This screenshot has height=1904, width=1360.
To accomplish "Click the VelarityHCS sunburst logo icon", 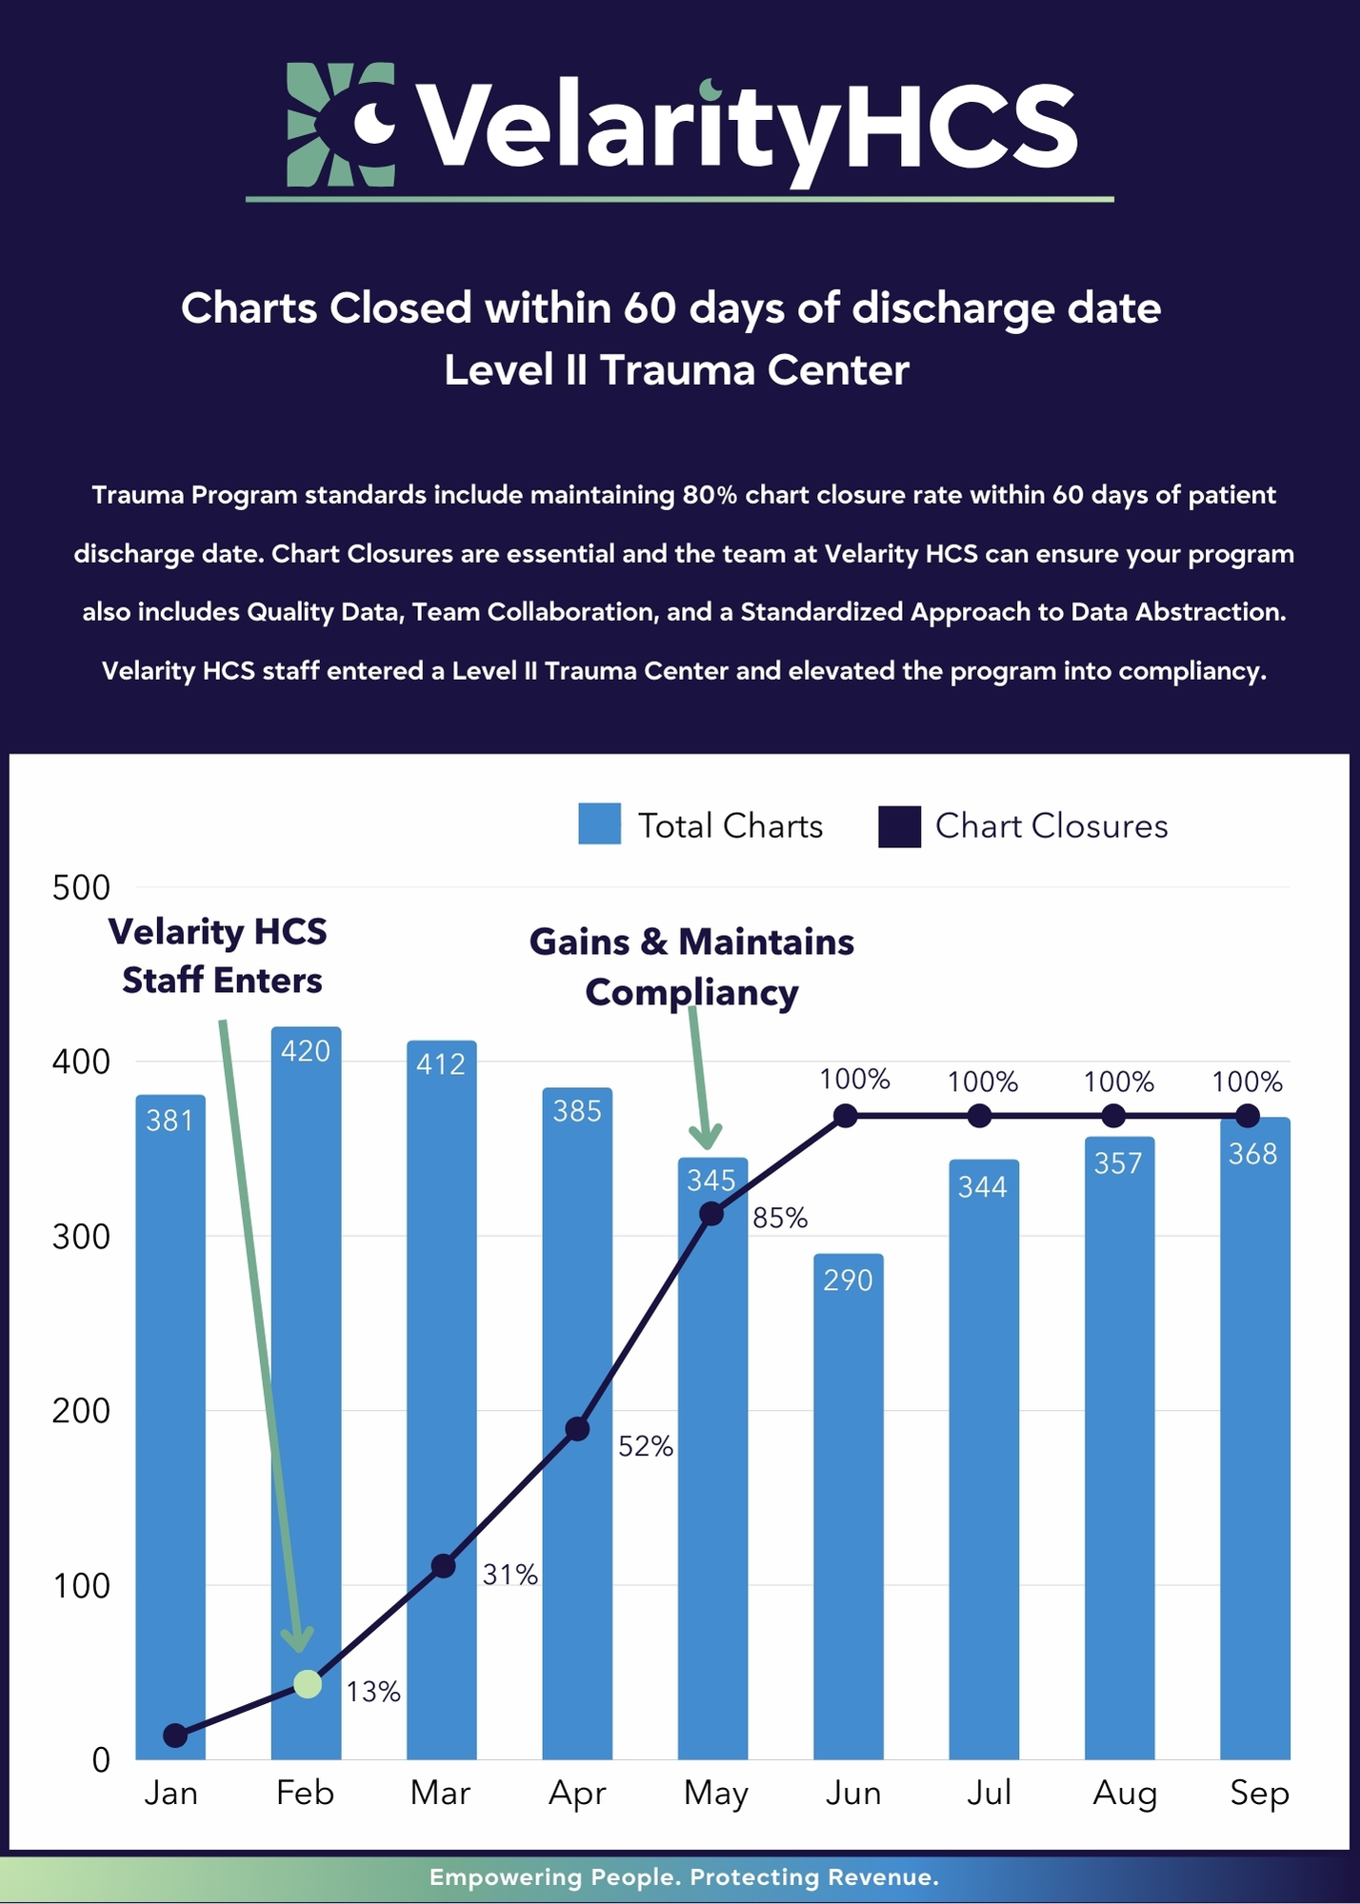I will pyautogui.click(x=341, y=124).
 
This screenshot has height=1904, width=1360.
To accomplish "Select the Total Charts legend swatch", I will pyautogui.click(x=599, y=824).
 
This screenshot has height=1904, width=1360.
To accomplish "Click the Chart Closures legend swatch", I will pyautogui.click(x=899, y=825).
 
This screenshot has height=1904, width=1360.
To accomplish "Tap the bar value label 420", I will pyautogui.click(x=306, y=1051).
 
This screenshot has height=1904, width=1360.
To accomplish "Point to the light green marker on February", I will pyautogui.click(x=308, y=1683).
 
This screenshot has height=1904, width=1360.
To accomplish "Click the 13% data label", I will pyautogui.click(x=372, y=1692).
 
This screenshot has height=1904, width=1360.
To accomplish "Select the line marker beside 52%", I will pyautogui.click(x=577, y=1429).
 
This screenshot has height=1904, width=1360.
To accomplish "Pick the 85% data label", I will pyautogui.click(x=780, y=1218).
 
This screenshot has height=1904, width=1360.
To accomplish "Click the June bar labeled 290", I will pyautogui.click(x=848, y=1504).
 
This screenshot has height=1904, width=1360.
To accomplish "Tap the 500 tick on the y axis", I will pyautogui.click(x=81, y=887).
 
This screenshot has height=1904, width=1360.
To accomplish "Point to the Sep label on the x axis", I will pyautogui.click(x=1259, y=1794).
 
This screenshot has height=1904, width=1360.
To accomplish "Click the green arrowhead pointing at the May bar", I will pyautogui.click(x=706, y=1136).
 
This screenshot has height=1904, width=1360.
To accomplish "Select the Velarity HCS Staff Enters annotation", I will pyautogui.click(x=219, y=956).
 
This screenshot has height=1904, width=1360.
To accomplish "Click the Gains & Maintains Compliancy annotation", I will pyautogui.click(x=691, y=966).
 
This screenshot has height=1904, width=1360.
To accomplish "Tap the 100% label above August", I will pyautogui.click(x=1118, y=1081).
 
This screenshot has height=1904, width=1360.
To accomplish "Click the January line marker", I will pyautogui.click(x=175, y=1735).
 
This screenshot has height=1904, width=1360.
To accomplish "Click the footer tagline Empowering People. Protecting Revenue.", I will pyautogui.click(x=684, y=1877).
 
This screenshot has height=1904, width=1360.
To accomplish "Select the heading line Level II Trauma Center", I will pyautogui.click(x=676, y=370).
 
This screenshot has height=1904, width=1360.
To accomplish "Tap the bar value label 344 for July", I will pyautogui.click(x=983, y=1186).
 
